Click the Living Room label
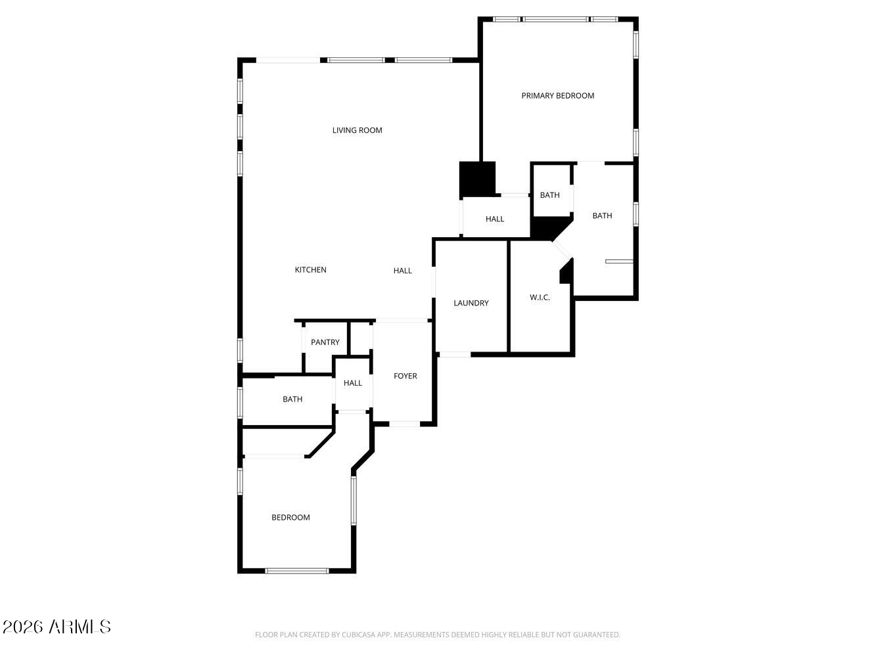[x=357, y=131]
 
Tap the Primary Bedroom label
[x=557, y=96]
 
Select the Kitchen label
[x=310, y=270]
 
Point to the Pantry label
[x=325, y=342]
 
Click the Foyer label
[x=405, y=376]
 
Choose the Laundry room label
[x=471, y=303]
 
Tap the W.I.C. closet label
[x=540, y=298]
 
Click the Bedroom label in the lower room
[x=290, y=518]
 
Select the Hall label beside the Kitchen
[x=402, y=271]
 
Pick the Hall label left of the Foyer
[x=353, y=383]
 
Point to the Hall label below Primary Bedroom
[x=494, y=219]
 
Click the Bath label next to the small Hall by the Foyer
[x=292, y=399]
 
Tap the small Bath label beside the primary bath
[x=549, y=195]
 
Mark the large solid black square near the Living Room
[x=477, y=179]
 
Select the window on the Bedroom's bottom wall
[x=297, y=571]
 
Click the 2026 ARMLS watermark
[x=57, y=627]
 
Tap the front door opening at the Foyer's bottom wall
[x=404, y=424]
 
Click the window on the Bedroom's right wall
[x=354, y=501]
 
